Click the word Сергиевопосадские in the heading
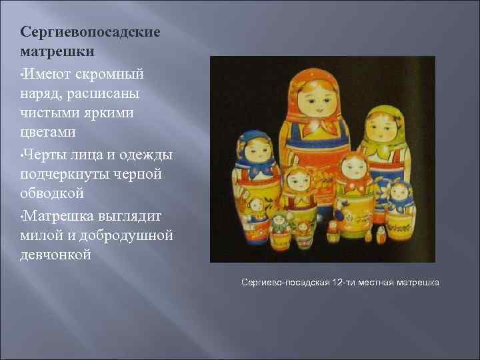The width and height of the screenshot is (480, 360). click(91, 32)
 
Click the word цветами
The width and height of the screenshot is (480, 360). click(48, 133)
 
